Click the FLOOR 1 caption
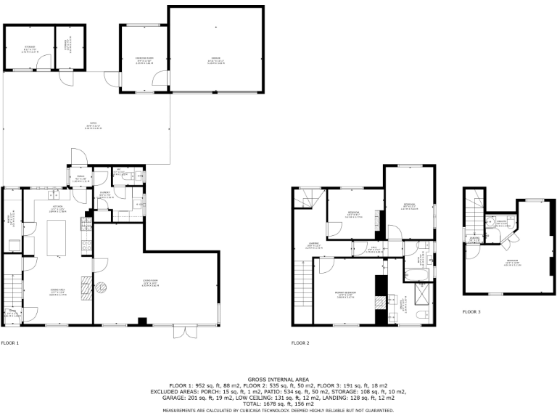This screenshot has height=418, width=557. pyautogui.click(x=10, y=343)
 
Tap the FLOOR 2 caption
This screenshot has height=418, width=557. pyautogui.click(x=300, y=343)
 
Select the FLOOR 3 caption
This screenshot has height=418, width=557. pyautogui.click(x=471, y=312)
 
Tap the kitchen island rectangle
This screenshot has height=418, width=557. pyautogui.click(x=57, y=237)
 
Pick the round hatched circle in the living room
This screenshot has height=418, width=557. pyautogui.click(x=102, y=287)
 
